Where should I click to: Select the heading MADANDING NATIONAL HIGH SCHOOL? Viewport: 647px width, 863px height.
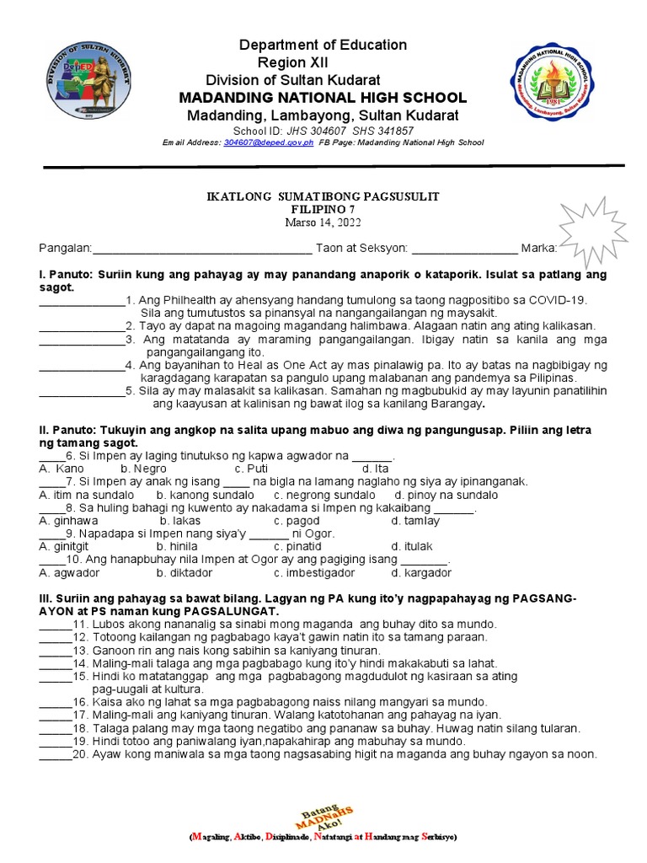pos(323,99)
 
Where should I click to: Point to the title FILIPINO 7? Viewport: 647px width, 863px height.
pos(323,209)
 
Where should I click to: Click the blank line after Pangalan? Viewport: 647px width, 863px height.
pos(202,249)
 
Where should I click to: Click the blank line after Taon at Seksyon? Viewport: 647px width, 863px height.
pos(464,249)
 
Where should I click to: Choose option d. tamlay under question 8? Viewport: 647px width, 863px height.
pos(415,521)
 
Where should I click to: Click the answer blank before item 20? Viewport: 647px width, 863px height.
pos(56,754)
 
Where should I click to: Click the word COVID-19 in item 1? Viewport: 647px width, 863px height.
pos(556,300)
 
